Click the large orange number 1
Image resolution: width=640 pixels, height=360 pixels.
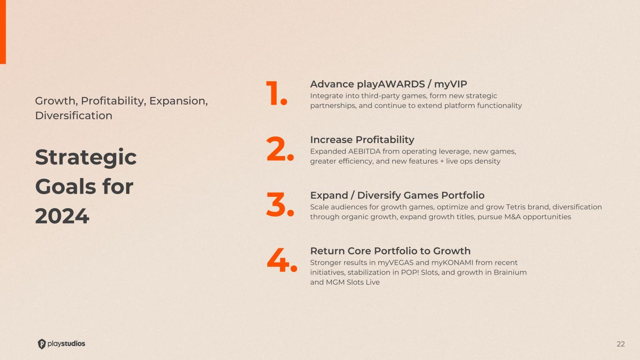click(x=276, y=93)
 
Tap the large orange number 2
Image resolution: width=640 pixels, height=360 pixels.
click(x=280, y=149)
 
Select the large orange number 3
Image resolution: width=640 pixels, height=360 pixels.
click(x=280, y=204)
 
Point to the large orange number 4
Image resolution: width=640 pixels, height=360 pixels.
click(x=282, y=260)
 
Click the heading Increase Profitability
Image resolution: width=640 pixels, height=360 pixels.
click(x=362, y=140)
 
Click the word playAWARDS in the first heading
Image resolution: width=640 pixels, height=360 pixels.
click(x=391, y=84)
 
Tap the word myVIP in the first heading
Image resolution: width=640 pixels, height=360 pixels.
click(x=451, y=84)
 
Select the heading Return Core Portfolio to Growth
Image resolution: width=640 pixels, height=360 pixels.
click(x=390, y=251)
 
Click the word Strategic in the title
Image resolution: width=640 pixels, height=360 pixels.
click(x=86, y=157)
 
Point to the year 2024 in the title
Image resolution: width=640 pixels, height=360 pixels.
click(x=62, y=216)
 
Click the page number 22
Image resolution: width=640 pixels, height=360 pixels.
click(x=621, y=344)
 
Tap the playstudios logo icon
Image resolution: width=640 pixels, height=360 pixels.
click(x=42, y=344)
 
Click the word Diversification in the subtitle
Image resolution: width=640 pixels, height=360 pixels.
click(x=74, y=116)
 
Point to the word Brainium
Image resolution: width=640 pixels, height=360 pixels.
click(x=510, y=272)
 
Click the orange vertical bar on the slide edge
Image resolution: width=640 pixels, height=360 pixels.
click(x=3, y=32)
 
